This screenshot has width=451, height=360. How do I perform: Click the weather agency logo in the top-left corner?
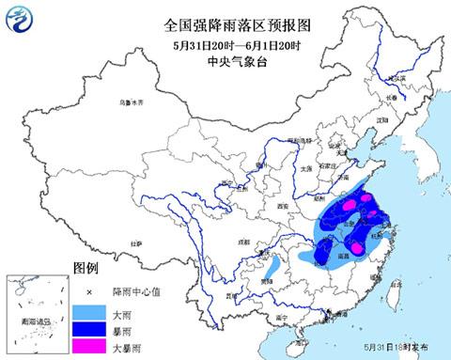(17, 17)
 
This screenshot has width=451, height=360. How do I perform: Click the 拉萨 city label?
(138, 243)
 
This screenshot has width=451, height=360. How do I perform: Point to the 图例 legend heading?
(86, 269)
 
